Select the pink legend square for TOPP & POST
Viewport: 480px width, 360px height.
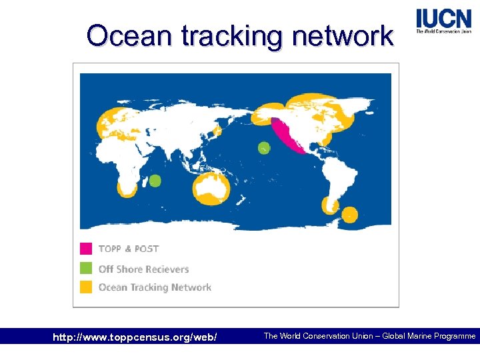coord(86,249)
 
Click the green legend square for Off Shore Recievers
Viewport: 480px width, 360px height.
coord(86,269)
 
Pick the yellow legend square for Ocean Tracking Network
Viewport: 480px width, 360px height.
coord(86,287)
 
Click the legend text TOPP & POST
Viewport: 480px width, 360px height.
coord(129,249)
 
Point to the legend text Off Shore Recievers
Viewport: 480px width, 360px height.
coord(143,269)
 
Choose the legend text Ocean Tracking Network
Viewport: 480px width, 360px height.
coord(155,287)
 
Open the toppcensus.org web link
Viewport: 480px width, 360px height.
coord(135,337)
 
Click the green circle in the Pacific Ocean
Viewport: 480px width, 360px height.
coord(264,148)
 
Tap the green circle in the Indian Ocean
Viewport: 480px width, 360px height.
coord(155,180)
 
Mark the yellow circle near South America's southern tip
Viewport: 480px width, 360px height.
coord(349,215)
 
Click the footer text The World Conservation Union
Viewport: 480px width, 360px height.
coord(318,336)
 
